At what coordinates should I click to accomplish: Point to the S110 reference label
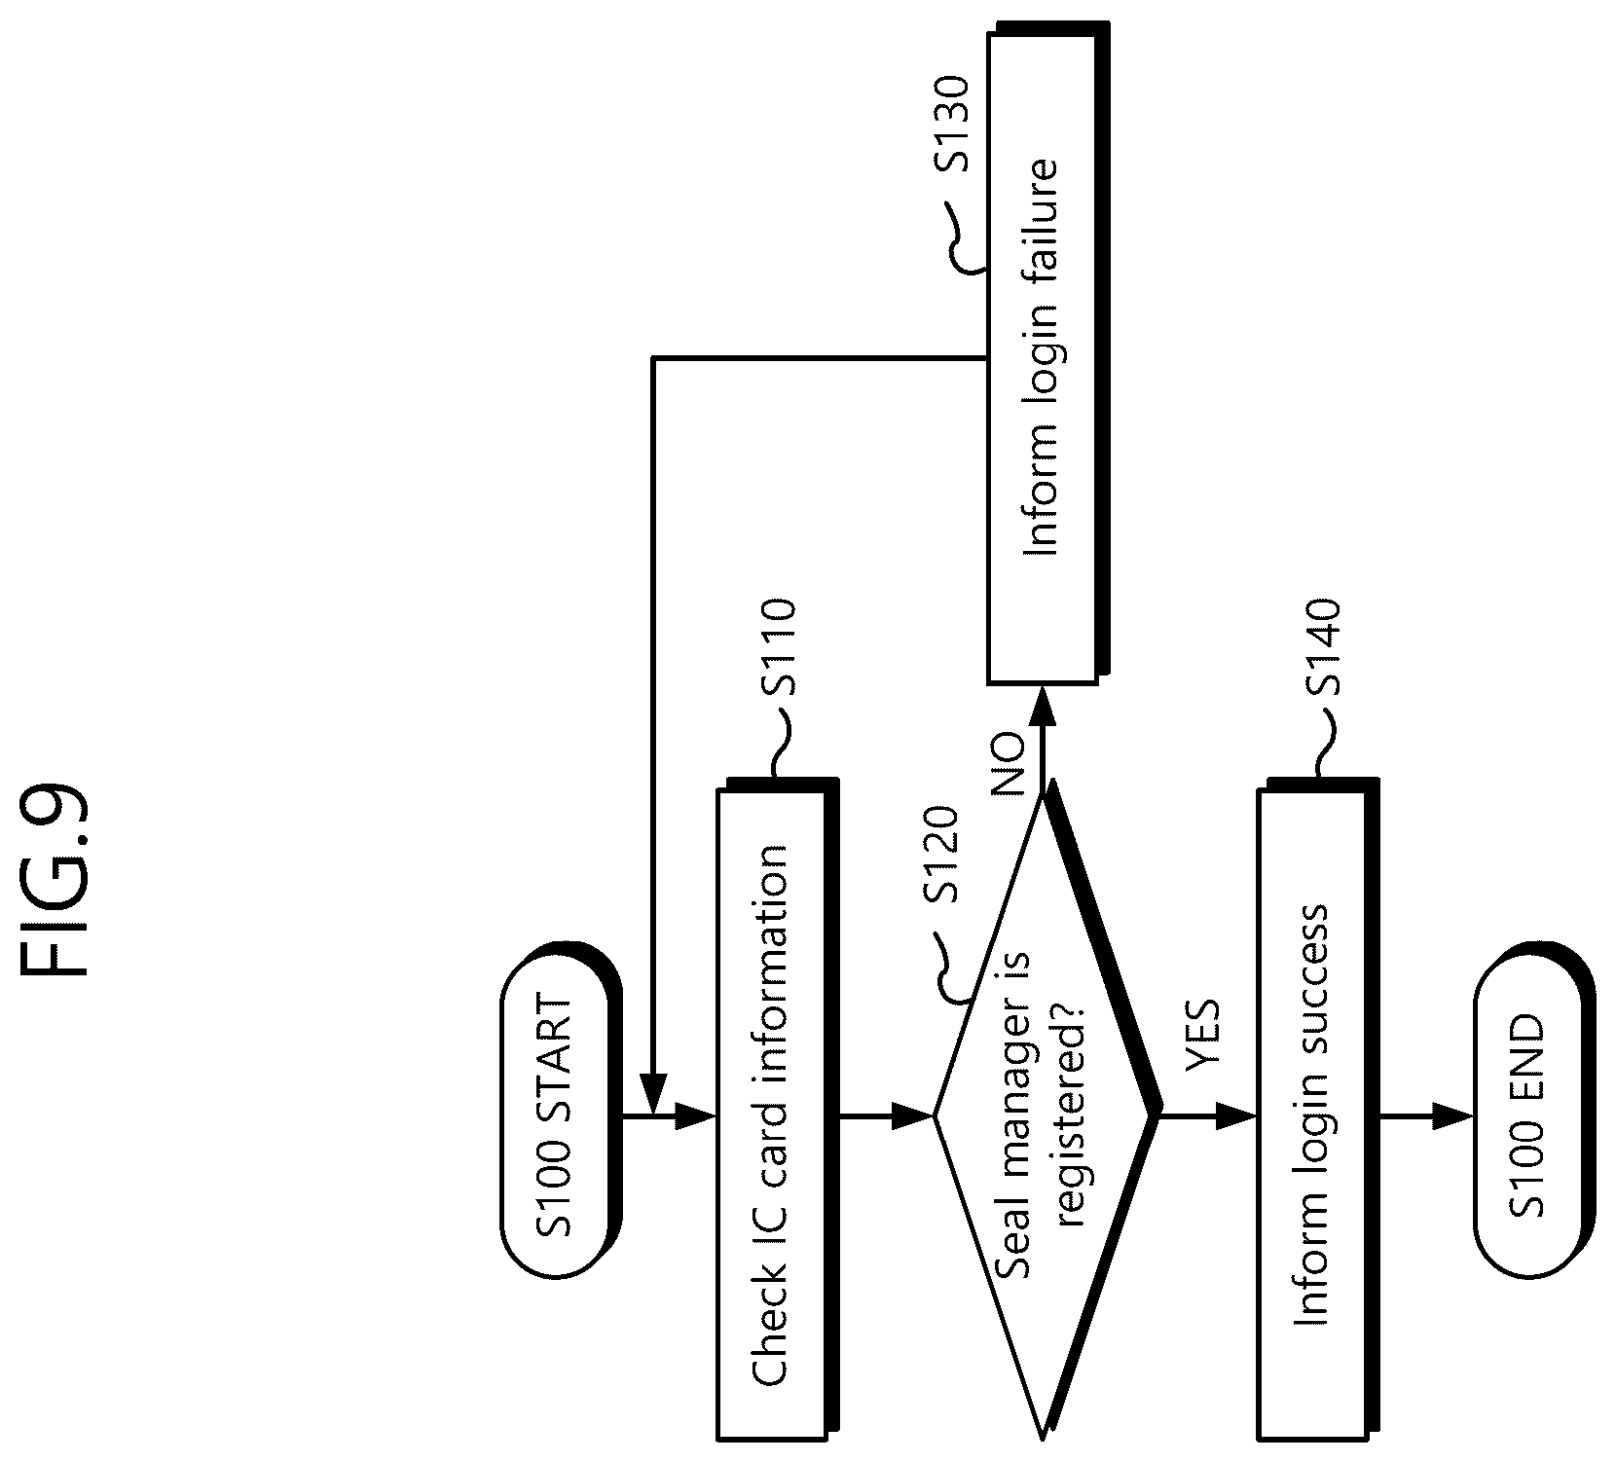pos(781,648)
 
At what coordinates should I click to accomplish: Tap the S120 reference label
pos(941,858)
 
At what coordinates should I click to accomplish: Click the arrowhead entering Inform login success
pos(1237,1116)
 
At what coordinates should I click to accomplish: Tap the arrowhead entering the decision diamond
pos(914,1116)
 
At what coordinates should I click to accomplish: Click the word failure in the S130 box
pos(1039,208)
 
